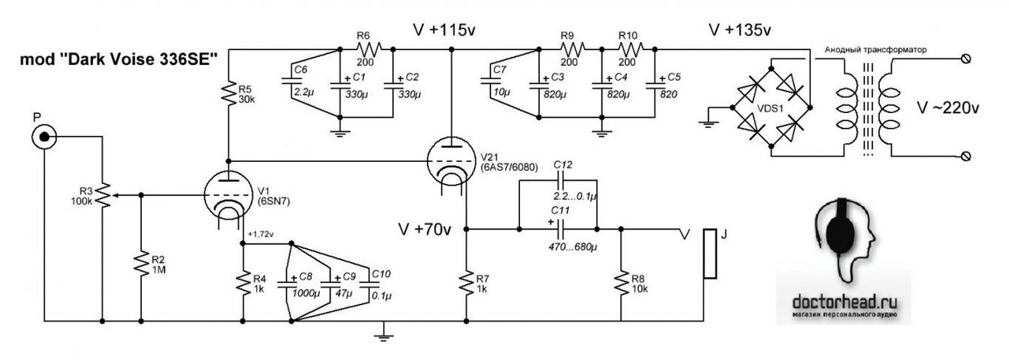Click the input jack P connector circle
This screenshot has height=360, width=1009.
click(x=44, y=137)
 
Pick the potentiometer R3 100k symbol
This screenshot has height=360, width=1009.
click(x=102, y=194)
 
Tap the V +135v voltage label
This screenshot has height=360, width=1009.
click(x=739, y=30)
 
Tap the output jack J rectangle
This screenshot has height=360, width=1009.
click(x=710, y=254)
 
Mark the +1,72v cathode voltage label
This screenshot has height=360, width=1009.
click(x=261, y=235)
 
